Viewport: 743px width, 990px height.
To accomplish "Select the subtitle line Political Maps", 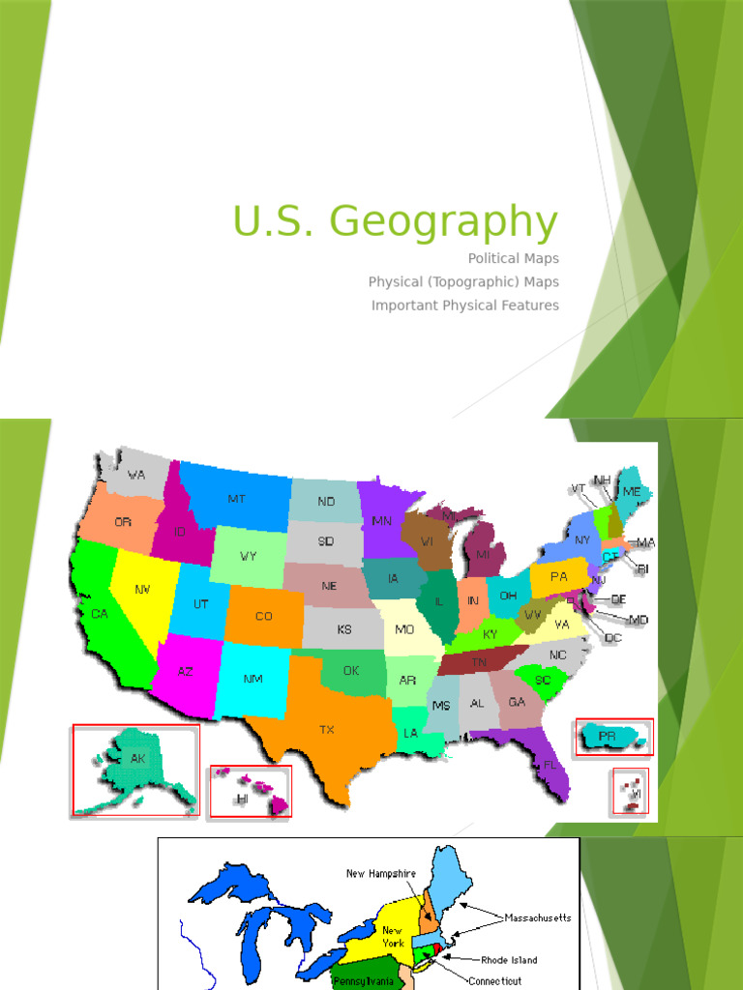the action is tap(513, 258).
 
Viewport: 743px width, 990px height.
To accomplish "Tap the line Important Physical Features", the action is tap(464, 306).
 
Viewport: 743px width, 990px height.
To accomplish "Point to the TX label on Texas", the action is tap(327, 730).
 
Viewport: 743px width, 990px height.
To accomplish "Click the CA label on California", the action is tap(100, 613).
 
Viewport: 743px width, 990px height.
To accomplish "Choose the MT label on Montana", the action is tap(236, 499).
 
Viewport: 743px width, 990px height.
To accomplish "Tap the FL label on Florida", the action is tap(550, 764).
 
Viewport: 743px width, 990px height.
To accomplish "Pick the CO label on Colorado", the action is tap(263, 616).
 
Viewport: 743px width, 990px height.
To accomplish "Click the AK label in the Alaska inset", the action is tap(138, 759).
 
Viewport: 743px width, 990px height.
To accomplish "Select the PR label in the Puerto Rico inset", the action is tap(607, 736).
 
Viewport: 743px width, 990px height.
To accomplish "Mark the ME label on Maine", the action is tap(632, 491).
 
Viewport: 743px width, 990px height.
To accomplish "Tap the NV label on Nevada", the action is tap(142, 588).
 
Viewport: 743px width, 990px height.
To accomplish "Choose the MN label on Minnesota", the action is tap(381, 520).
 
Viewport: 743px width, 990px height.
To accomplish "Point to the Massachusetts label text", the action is tap(538, 917).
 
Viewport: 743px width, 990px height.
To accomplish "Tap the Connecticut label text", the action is tap(502, 979).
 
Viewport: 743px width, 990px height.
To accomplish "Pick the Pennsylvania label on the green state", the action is tap(364, 981).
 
